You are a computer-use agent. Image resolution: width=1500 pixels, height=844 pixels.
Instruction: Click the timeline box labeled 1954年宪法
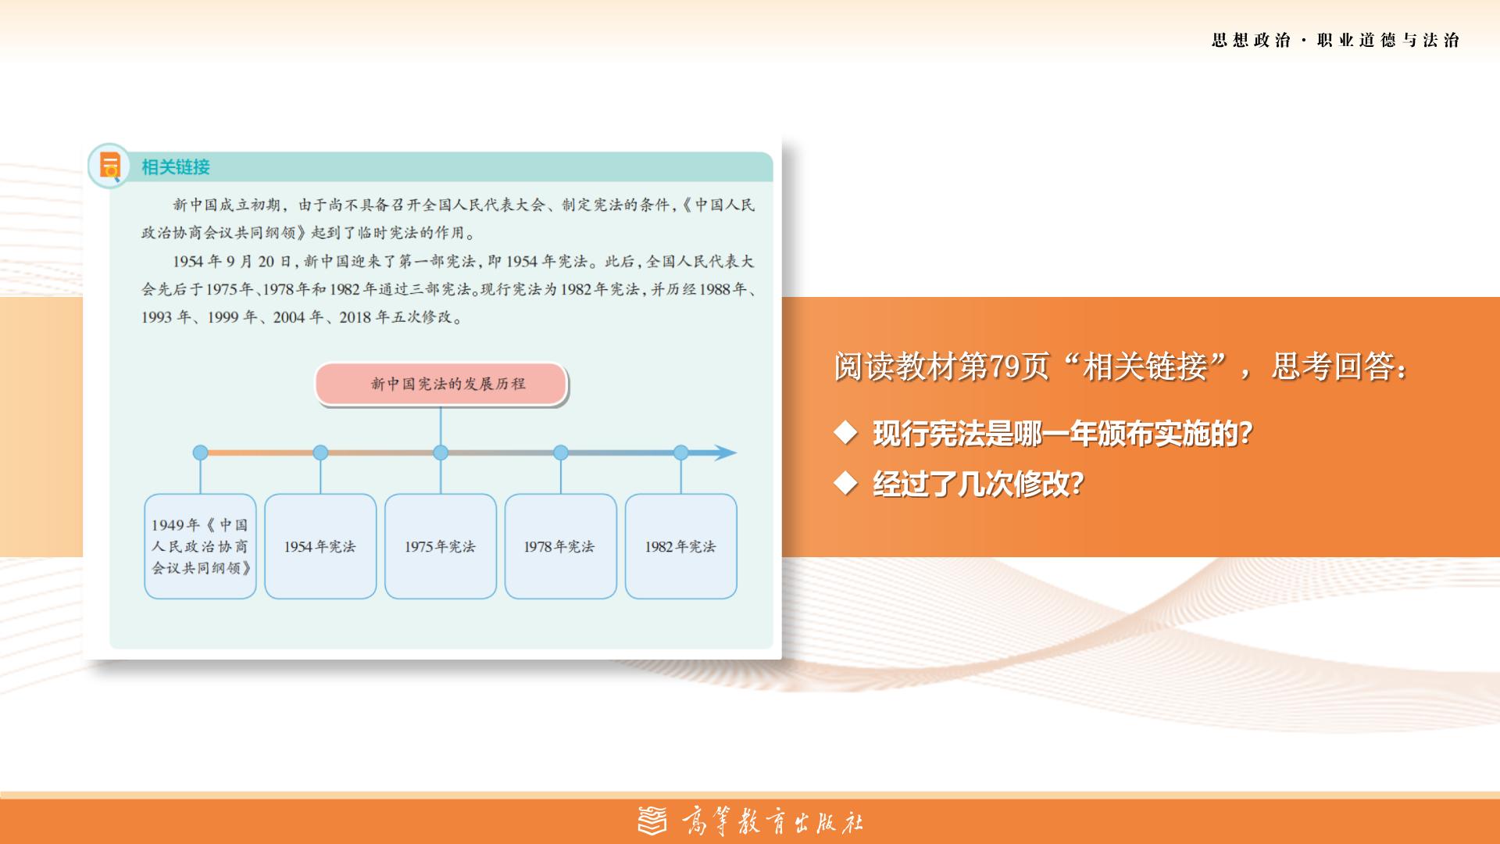tap(320, 546)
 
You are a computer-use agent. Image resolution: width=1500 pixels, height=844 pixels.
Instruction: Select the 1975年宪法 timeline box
tap(441, 546)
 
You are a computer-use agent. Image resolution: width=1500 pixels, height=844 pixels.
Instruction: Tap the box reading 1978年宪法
tap(560, 546)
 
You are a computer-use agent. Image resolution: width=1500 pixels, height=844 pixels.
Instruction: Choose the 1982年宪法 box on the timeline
tap(680, 546)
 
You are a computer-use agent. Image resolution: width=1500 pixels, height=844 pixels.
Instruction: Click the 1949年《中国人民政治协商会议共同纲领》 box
tap(200, 546)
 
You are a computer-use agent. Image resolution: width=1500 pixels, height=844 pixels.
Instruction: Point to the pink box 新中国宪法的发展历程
tap(441, 384)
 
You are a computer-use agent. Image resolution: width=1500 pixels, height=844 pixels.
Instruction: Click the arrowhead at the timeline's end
tap(724, 452)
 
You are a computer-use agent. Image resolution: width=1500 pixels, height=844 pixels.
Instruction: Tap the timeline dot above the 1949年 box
tap(200, 452)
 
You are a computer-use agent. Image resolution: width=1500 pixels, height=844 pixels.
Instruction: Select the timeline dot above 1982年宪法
tap(680, 452)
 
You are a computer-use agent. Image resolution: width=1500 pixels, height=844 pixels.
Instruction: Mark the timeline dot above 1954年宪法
tap(320, 452)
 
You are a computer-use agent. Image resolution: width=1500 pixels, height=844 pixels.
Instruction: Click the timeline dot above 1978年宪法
tap(560, 452)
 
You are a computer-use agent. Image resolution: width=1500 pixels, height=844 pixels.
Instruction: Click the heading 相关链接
tap(176, 166)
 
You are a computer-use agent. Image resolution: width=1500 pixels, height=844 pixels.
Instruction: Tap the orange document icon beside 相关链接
tap(109, 166)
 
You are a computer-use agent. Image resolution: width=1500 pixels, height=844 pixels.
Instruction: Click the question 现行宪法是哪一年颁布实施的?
tap(1063, 433)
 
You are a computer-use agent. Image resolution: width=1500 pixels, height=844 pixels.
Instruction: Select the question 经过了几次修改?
tap(979, 485)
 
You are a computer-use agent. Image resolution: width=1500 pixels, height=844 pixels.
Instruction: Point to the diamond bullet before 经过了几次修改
tap(846, 484)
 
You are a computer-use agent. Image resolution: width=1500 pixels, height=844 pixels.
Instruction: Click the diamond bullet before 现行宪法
tap(846, 432)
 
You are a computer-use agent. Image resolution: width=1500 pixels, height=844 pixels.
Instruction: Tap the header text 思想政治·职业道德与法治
tap(1336, 41)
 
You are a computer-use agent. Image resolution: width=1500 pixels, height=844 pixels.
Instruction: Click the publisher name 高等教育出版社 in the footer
tap(773, 822)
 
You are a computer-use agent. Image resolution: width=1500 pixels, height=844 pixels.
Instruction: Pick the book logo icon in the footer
tap(653, 821)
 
